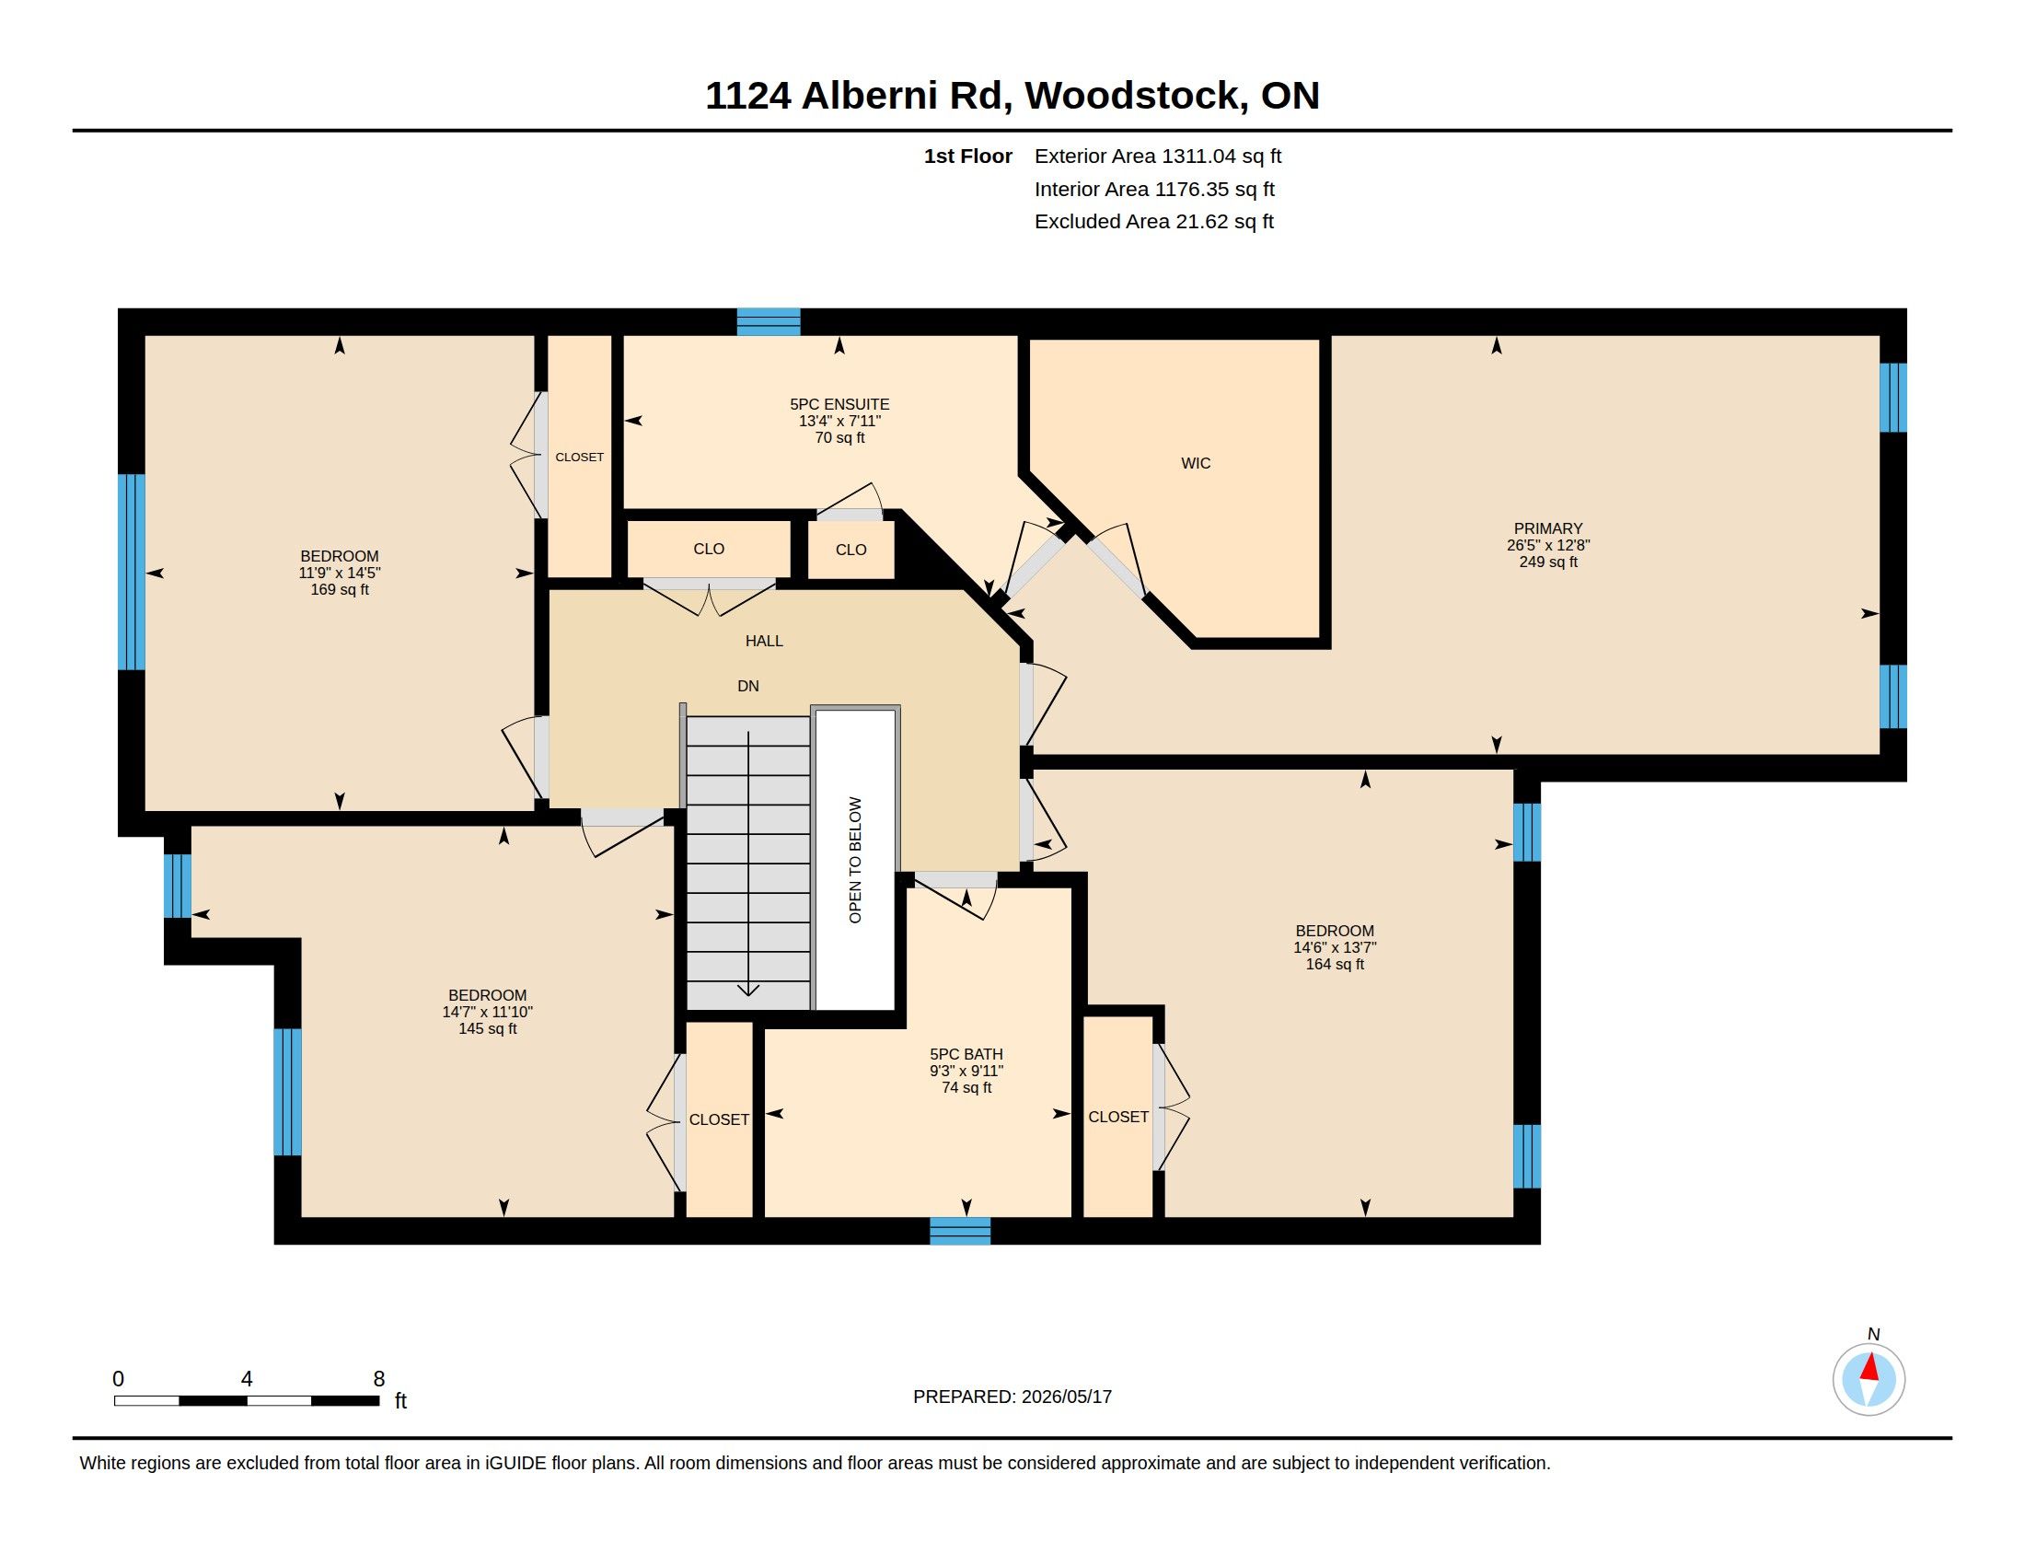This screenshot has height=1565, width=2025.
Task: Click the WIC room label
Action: click(x=1195, y=464)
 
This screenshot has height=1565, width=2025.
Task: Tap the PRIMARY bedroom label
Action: click(x=1547, y=528)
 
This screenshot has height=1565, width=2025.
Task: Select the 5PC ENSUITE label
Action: click(x=839, y=404)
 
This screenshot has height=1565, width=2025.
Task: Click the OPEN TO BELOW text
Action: click(x=855, y=860)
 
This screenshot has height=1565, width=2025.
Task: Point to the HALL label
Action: click(x=764, y=641)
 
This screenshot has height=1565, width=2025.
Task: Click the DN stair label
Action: click(x=748, y=686)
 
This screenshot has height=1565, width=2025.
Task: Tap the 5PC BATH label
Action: click(x=966, y=1054)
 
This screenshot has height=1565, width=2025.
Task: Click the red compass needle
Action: click(x=1870, y=1367)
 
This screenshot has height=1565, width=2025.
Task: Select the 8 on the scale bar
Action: click(x=378, y=1379)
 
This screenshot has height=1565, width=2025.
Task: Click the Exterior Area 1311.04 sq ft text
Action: click(x=1158, y=156)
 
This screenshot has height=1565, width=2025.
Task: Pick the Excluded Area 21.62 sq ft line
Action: click(x=1154, y=222)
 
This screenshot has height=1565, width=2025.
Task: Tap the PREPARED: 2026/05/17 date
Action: click(x=1012, y=1397)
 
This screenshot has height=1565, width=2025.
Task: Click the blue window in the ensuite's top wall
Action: click(x=769, y=321)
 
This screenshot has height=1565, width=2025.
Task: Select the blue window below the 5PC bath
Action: click(x=961, y=1230)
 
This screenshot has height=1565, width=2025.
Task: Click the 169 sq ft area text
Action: click(x=340, y=590)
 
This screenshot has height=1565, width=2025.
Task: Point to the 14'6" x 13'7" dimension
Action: click(x=1336, y=947)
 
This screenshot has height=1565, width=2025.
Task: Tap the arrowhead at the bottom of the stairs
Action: click(x=748, y=990)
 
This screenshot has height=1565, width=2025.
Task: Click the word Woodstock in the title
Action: click(x=1136, y=96)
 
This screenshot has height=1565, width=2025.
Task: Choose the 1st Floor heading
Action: click(x=968, y=156)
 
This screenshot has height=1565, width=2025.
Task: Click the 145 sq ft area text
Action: click(x=488, y=1029)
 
